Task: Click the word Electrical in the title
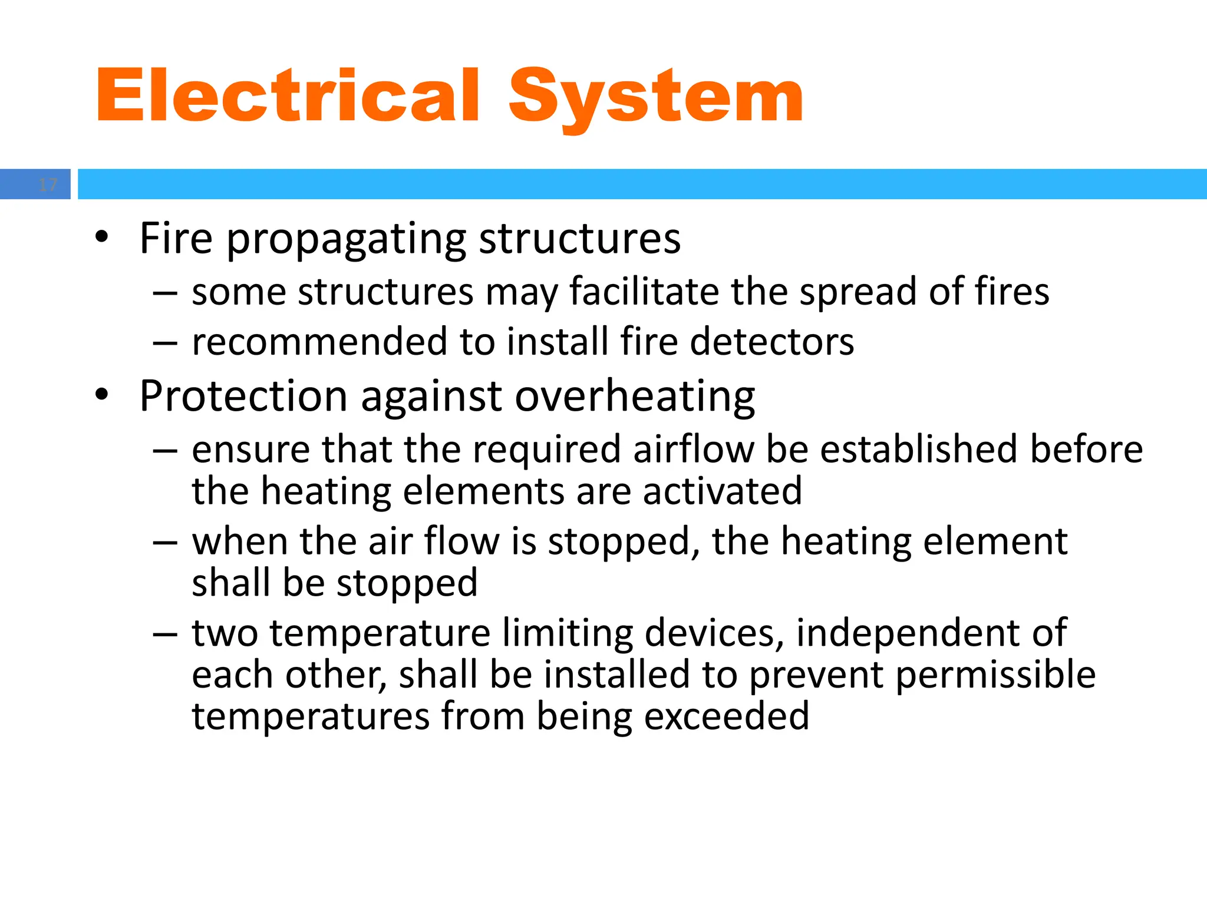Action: pos(288,96)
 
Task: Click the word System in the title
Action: pos(655,96)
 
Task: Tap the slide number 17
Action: pos(47,185)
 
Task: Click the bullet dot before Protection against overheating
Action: pos(101,395)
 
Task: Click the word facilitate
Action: pos(644,291)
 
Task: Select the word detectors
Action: pos(771,342)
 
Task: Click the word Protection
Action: pos(243,396)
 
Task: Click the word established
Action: pos(919,449)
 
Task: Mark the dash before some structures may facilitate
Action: pos(165,292)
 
